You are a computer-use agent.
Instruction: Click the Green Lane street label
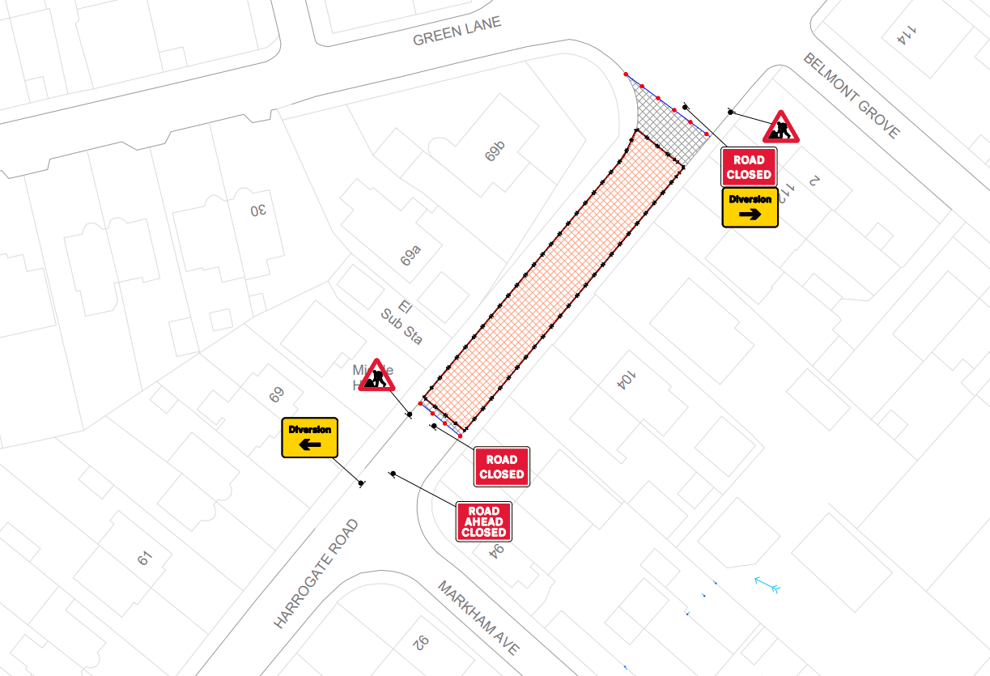pyautogui.click(x=457, y=32)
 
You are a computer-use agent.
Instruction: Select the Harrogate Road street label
pyautogui.click(x=316, y=574)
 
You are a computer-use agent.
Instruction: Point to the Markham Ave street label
pyautogui.click(x=478, y=618)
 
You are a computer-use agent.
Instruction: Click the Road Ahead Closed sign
pyautogui.click(x=483, y=521)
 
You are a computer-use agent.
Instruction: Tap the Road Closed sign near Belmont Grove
pyautogui.click(x=749, y=168)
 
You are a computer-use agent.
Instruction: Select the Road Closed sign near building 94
pyautogui.click(x=501, y=467)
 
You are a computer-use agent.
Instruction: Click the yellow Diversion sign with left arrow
pyautogui.click(x=309, y=437)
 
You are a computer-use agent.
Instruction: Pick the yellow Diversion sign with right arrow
pyautogui.click(x=750, y=207)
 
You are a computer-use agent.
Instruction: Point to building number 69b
pyautogui.click(x=495, y=151)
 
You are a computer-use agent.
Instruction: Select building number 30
pyautogui.click(x=258, y=210)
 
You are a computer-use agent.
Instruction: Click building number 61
pyautogui.click(x=145, y=558)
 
